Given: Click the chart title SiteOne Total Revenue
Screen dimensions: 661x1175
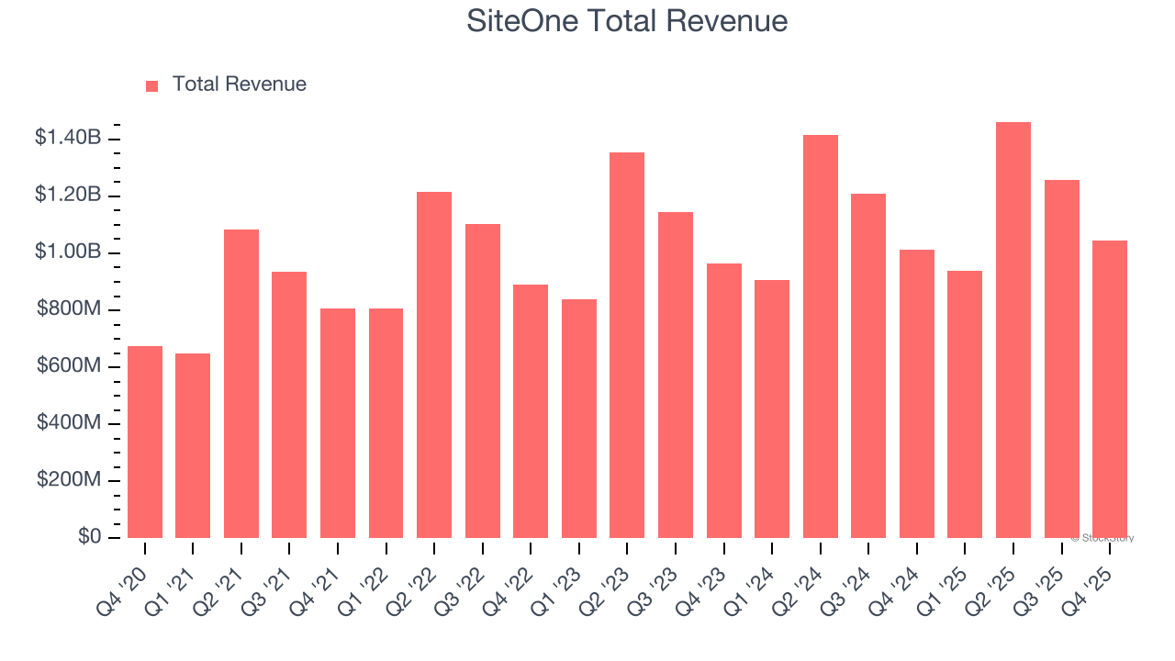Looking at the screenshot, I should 627,21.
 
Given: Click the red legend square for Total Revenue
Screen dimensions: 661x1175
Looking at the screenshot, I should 152,85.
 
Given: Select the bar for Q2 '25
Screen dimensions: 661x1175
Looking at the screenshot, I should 1013,330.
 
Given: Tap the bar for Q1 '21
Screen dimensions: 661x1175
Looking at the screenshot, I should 193,446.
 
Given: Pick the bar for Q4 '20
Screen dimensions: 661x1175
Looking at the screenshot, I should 145,443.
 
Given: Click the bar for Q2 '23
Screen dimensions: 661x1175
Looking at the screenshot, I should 627,345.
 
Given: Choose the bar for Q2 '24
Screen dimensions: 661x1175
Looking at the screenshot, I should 821,337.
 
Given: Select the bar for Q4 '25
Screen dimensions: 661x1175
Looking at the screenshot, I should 1110,389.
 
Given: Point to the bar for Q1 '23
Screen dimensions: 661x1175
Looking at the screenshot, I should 579,419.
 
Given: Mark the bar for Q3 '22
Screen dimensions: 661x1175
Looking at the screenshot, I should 483,381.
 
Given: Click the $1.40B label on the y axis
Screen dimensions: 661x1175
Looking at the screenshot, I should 68,139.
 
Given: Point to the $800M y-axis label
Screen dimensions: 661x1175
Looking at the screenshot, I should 70,309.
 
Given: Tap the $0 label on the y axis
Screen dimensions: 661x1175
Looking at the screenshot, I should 90,537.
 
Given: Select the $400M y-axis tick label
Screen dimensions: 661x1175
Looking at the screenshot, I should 70,423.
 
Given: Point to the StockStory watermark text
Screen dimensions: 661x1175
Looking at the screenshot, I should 1102,538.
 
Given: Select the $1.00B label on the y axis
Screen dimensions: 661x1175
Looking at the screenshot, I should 68,252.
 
